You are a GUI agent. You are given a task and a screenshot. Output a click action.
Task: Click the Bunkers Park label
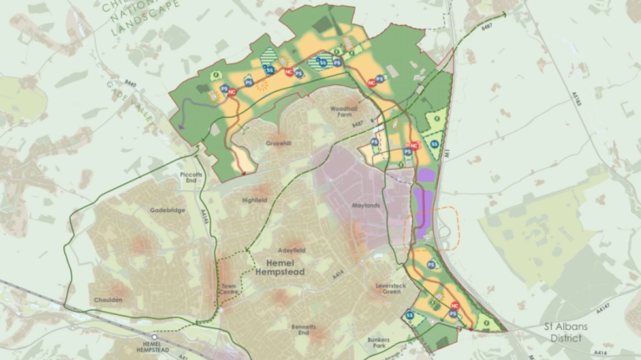[378, 341]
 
